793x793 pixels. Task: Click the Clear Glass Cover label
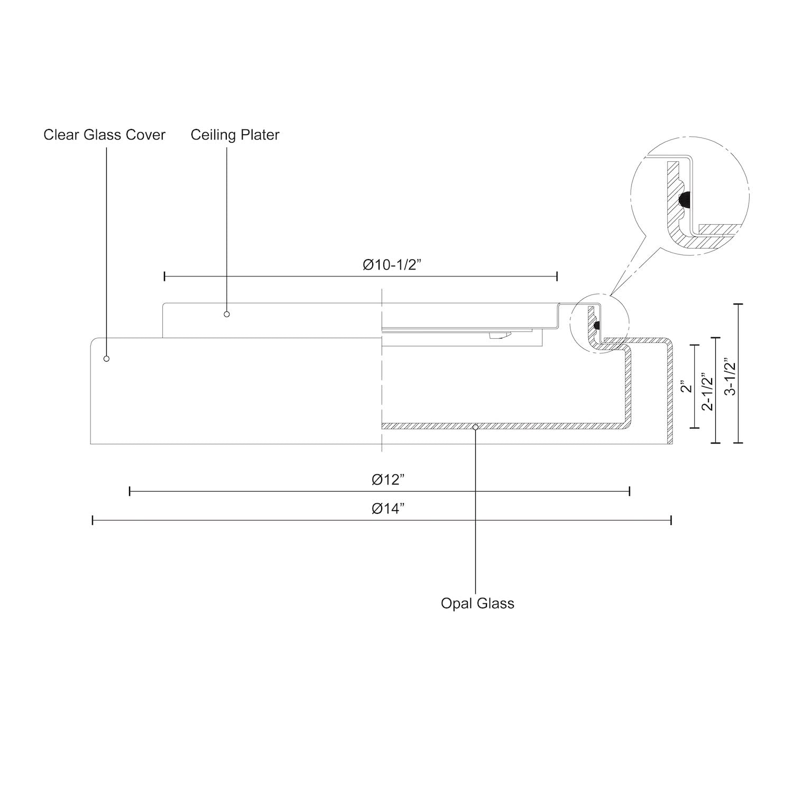tap(104, 135)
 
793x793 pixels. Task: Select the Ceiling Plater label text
tap(235, 135)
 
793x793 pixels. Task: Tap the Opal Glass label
tap(477, 603)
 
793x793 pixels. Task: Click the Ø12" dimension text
tap(388, 480)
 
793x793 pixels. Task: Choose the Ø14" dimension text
tap(388, 509)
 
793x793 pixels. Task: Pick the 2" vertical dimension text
tap(686, 387)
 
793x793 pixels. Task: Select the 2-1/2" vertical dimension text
tap(707, 392)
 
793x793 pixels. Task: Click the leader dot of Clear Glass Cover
tap(106, 358)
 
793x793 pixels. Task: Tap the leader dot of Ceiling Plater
tap(227, 314)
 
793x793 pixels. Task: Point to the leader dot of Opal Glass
tap(475, 427)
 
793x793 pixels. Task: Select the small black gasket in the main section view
tap(596, 326)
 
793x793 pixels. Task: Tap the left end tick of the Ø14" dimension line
tap(93, 521)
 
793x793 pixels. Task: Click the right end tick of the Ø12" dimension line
tap(630, 492)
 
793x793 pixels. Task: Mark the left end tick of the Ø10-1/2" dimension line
tap(164, 276)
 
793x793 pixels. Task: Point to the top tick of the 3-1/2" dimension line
tap(738, 305)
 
